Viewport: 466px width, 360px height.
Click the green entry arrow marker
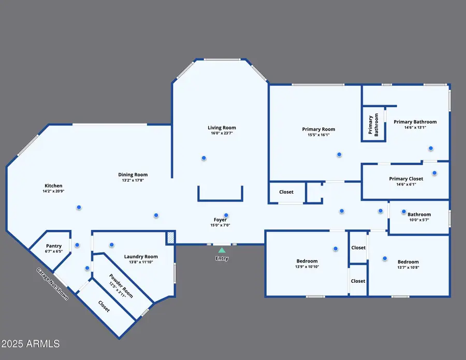coord(222,250)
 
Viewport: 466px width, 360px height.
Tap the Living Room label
coord(222,128)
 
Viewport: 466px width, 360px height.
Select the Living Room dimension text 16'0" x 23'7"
coord(222,134)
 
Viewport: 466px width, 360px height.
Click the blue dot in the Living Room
coord(204,158)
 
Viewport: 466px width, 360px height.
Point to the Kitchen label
coord(53,186)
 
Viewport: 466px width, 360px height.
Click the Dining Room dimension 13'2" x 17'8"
coord(133,181)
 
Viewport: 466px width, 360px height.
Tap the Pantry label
coord(54,246)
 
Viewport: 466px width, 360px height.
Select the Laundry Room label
coord(141,256)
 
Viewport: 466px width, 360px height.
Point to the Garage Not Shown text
coord(52,284)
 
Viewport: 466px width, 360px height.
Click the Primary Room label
coord(318,129)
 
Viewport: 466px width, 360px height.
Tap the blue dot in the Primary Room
coord(339,154)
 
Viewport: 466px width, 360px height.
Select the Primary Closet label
coord(406,179)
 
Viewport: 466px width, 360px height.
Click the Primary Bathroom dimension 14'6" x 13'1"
coord(415,128)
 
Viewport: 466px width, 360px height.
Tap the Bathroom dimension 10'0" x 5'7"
coord(419,220)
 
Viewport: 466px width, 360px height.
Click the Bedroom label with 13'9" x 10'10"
coord(307,262)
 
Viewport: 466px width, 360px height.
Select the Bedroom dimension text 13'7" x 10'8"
coord(408,268)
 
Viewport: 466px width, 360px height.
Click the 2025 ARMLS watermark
coord(31,343)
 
